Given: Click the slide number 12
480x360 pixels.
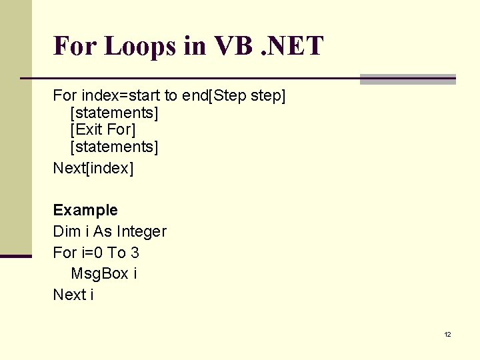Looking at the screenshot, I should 447,335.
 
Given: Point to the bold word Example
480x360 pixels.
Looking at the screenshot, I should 85,210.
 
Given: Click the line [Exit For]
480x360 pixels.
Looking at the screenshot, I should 103,129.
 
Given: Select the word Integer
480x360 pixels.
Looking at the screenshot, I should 141,231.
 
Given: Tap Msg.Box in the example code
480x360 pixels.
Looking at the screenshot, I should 99,273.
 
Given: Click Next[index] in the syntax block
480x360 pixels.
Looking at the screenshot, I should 93,168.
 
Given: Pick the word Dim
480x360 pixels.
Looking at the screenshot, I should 65,231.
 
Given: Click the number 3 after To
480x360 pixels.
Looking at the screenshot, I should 135,253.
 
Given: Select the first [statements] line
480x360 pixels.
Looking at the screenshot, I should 114,113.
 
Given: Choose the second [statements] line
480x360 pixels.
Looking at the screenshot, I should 114,146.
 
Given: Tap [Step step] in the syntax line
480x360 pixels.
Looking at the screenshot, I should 247,97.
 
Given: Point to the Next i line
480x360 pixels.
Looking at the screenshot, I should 73,295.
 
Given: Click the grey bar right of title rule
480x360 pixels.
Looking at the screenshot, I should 407,79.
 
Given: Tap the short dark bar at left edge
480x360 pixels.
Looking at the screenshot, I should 16,255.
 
